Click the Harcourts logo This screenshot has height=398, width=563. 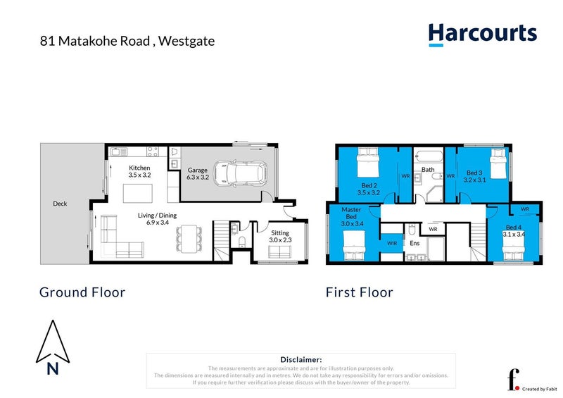coord(482,34)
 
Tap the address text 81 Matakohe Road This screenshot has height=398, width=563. coord(94,41)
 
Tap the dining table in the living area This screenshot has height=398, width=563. coord(186,237)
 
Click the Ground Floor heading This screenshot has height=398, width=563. coord(82,292)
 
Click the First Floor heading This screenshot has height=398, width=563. coord(359,292)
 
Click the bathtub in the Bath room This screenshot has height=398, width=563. coord(429,156)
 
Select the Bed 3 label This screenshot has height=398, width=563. coord(475,173)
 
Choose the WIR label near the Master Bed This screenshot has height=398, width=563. coord(391,244)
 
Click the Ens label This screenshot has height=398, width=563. coord(415,243)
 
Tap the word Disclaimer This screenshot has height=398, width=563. coord(301,359)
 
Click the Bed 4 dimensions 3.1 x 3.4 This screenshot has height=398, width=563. coord(513,234)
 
